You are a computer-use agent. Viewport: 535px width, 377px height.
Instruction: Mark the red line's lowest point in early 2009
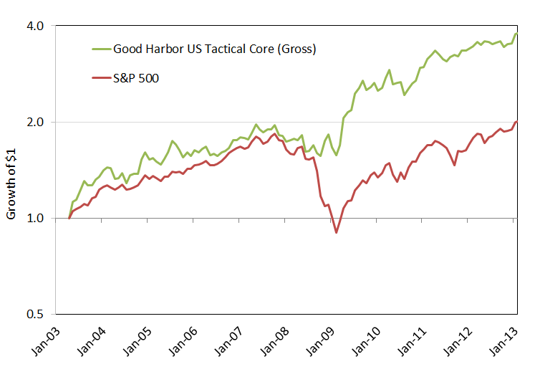[336, 232]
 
